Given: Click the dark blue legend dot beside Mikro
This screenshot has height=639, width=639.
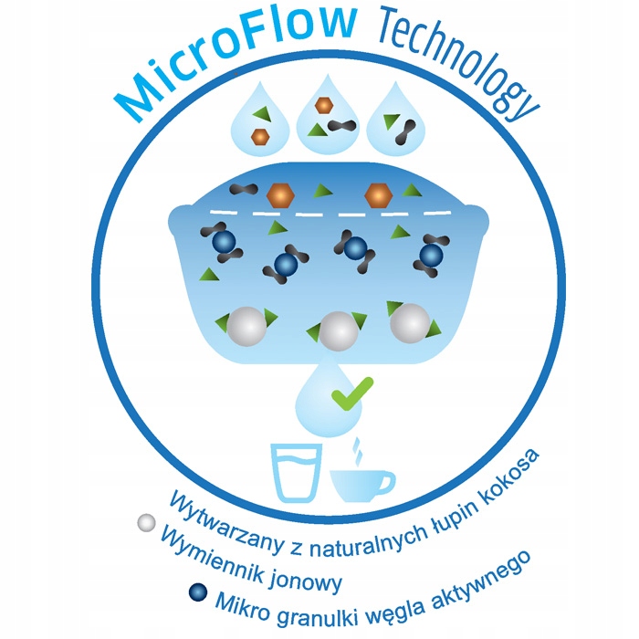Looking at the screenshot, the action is [197, 592].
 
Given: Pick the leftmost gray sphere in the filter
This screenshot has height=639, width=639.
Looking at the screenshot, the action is [246, 326].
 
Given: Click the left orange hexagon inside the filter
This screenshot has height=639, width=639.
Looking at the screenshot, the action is [279, 194].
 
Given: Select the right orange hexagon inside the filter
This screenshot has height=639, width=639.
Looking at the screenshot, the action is [377, 194].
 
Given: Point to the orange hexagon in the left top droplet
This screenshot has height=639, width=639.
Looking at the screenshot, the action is [260, 136].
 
